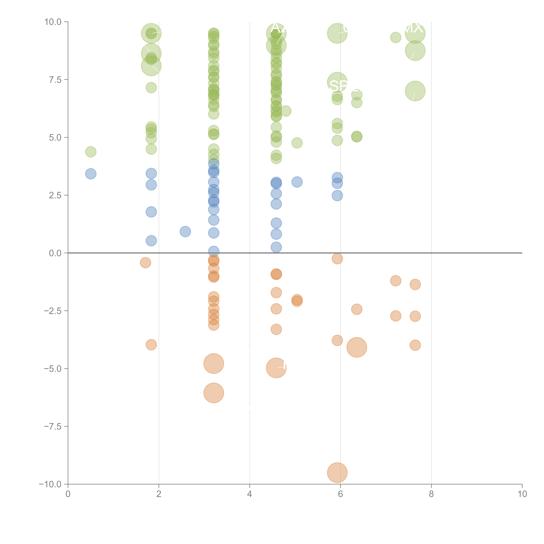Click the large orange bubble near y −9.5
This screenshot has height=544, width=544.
point(337,473)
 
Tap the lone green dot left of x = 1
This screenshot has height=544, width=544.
point(91,152)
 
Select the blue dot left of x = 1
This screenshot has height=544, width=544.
point(91,174)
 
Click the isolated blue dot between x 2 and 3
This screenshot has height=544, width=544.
point(185,231)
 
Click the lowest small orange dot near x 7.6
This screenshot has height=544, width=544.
point(415,345)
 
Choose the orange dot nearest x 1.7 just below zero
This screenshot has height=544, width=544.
point(145,263)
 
